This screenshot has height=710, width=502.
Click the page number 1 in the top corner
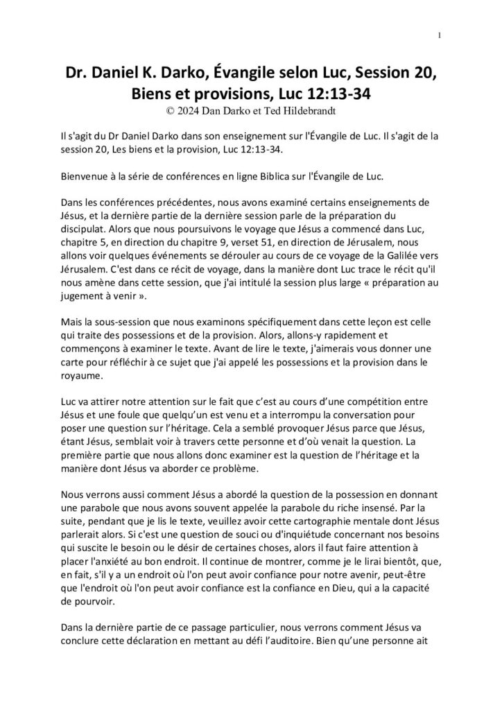click(x=442, y=35)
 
